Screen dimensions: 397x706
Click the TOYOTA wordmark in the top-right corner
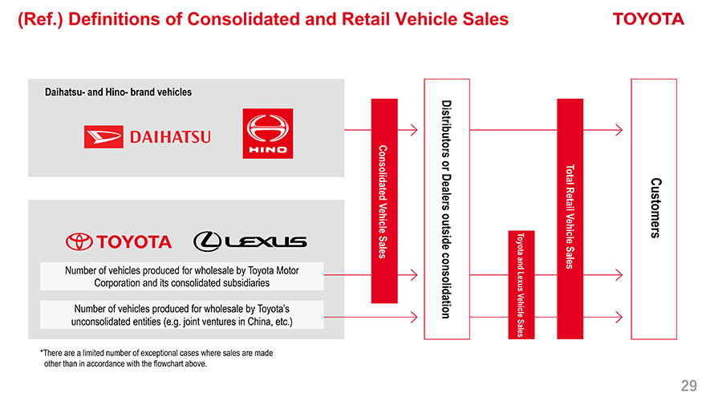coord(648,19)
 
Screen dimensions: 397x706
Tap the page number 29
coord(688,384)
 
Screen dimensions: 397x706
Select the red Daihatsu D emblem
coord(103,137)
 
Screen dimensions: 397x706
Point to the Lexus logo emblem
coord(208,241)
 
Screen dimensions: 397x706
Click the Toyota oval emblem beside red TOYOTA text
coord(80,241)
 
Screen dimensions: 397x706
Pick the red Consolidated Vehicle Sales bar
coord(383,201)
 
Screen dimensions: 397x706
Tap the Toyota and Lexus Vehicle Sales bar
coord(520,285)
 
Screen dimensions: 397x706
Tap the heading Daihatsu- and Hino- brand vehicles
coord(118,91)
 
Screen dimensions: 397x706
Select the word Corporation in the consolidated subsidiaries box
coord(125,283)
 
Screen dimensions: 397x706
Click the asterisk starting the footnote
coord(41,353)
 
